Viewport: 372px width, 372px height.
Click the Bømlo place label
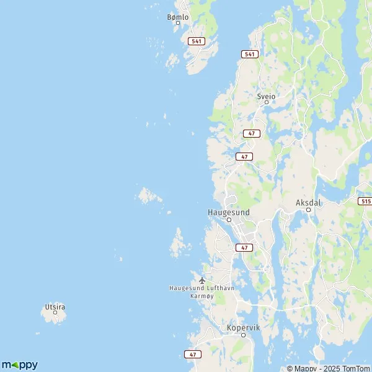177,17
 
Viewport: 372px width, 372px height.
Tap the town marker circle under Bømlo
178,23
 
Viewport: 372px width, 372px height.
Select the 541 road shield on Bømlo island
197,41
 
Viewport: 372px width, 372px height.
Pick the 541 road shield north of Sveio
250,55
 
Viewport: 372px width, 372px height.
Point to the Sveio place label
266,97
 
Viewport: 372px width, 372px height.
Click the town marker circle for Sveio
267,103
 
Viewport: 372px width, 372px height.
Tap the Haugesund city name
228,212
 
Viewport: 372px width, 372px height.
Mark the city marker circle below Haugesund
229,219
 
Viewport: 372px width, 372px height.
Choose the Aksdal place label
308,203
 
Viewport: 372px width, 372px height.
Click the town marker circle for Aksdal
308,210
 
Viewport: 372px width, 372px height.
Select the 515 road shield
365,201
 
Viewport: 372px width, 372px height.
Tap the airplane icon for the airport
201,280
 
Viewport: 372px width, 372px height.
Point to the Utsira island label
55,306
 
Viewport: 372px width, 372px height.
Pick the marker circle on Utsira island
55,312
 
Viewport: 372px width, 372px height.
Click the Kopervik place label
242,327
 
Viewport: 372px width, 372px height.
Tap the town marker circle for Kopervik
243,334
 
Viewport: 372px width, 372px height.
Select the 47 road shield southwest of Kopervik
193,354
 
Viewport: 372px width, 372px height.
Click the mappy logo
19,365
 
